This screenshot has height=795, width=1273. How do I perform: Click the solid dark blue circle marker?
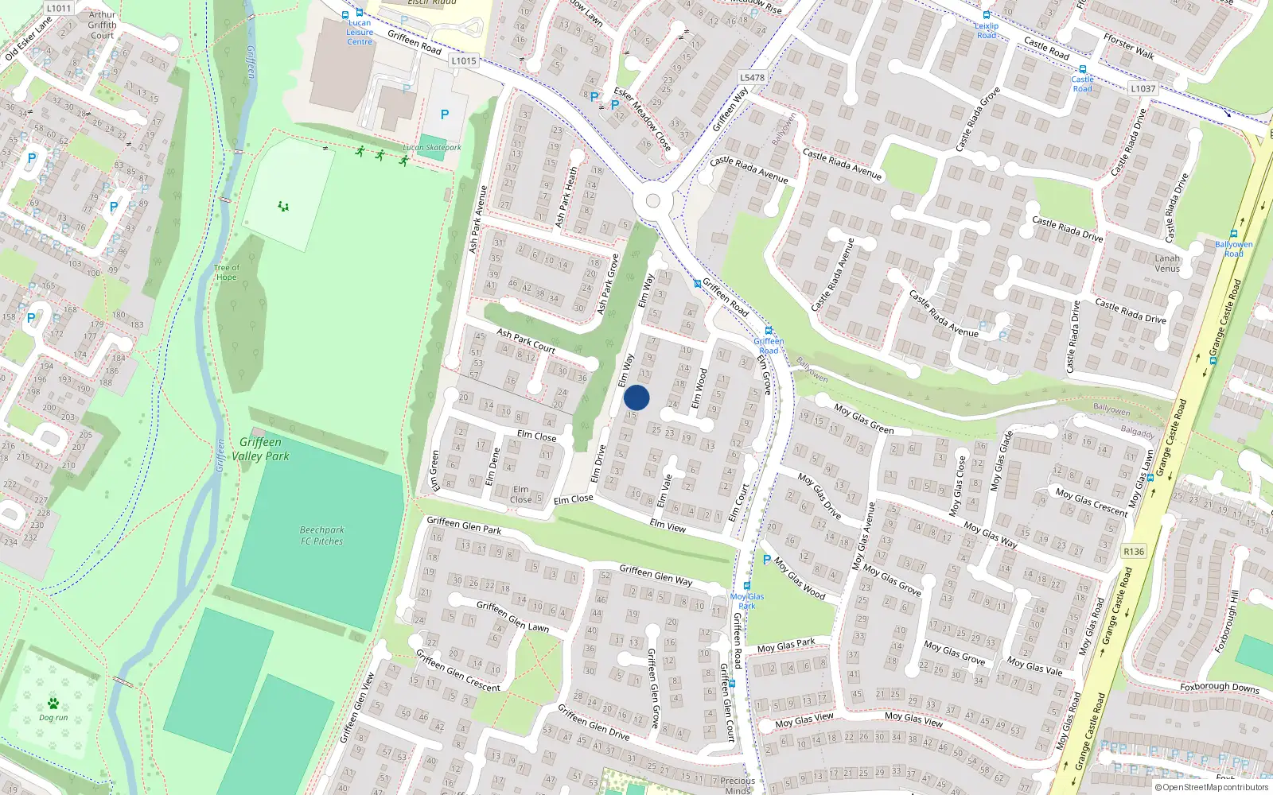(636, 397)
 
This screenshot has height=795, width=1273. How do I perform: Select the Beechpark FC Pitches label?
(322, 535)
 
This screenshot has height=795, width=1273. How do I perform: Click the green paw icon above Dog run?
(53, 704)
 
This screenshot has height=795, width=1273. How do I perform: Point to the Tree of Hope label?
(227, 273)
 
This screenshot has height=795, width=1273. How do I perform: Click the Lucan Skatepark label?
(432, 147)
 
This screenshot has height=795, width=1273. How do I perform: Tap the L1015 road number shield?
(463, 60)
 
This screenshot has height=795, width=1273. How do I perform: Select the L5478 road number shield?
(752, 77)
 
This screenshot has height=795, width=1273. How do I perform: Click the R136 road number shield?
(1134, 551)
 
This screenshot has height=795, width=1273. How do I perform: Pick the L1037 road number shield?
(1143, 88)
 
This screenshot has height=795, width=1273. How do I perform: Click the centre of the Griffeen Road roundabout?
(653, 201)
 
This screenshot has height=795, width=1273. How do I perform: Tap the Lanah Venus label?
(1167, 263)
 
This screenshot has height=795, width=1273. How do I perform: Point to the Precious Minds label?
(738, 785)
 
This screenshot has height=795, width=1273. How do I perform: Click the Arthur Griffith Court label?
(102, 25)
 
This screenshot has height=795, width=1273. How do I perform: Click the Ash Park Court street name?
(526, 340)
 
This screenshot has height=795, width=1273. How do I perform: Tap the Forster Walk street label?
(1129, 46)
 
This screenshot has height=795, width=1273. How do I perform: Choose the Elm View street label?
(668, 525)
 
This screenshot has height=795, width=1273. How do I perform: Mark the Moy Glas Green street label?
(864, 419)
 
